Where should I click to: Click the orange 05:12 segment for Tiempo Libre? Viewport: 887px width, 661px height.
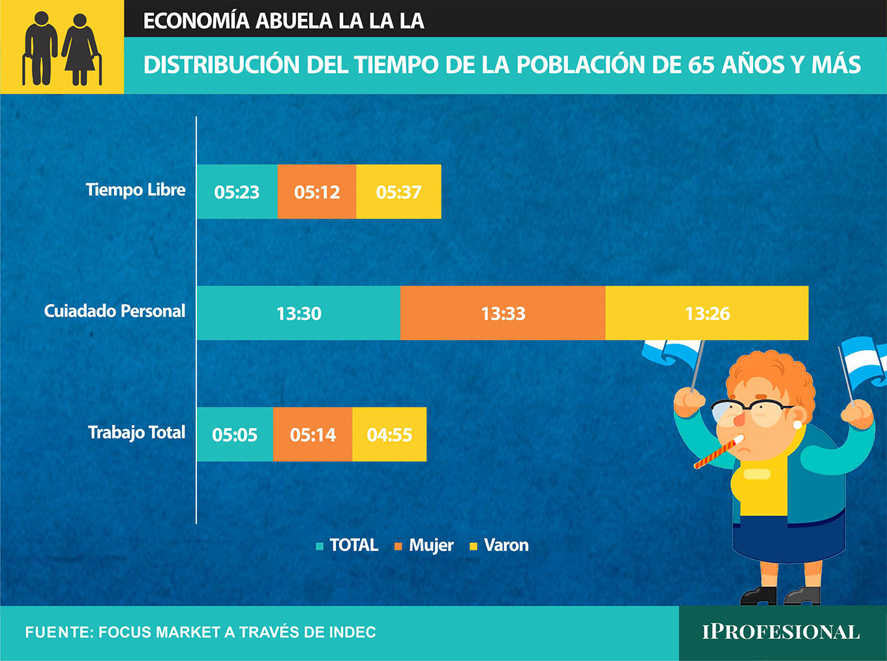pyautogui.click(x=317, y=192)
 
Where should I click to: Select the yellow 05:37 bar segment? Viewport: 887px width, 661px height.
pyautogui.click(x=399, y=192)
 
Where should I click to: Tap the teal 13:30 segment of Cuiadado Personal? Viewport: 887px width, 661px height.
pyautogui.click(x=299, y=313)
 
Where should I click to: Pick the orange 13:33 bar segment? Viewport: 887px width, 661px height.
pyautogui.click(x=503, y=313)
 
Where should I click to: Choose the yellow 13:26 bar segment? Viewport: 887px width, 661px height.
pyautogui.click(x=707, y=313)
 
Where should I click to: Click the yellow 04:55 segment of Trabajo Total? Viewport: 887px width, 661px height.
pyautogui.click(x=389, y=434)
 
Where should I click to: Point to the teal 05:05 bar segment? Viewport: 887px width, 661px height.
pyautogui.click(x=235, y=434)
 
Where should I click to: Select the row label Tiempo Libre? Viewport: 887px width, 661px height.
pyautogui.click(x=136, y=190)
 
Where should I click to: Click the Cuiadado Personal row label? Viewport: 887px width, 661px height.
pyautogui.click(x=114, y=311)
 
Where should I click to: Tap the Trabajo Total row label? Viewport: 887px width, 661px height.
pyautogui.click(x=136, y=433)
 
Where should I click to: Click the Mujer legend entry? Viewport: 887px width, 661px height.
pyautogui.click(x=424, y=546)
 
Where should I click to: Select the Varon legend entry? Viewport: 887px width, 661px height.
pyautogui.click(x=499, y=546)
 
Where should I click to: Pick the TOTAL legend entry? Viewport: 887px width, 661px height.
pyautogui.click(x=347, y=546)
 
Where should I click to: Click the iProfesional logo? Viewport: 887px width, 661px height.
pyautogui.click(x=781, y=632)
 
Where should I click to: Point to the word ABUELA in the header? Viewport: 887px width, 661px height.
pyautogui.click(x=294, y=21)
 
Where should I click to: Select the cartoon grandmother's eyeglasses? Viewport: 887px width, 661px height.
pyautogui.click(x=751, y=411)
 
